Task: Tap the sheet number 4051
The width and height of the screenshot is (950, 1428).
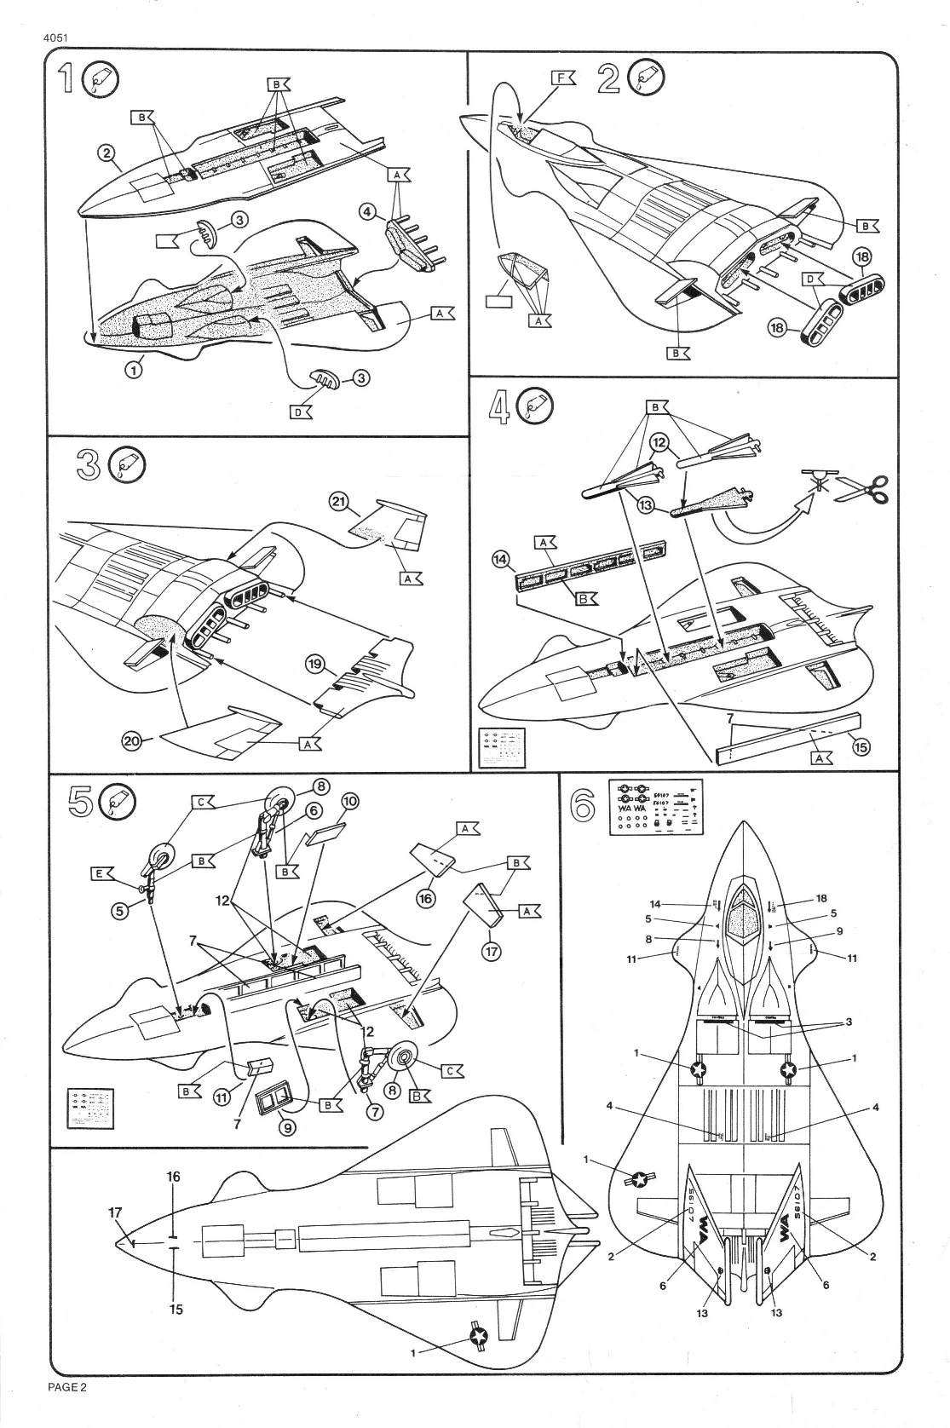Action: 55,37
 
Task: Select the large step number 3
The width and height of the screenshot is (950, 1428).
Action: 88,466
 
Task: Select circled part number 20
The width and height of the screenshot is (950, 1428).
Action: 130,741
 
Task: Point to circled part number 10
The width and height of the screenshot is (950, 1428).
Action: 349,801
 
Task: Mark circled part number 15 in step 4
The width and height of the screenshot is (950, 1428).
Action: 862,747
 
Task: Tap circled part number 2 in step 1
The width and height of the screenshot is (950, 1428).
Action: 106,153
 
